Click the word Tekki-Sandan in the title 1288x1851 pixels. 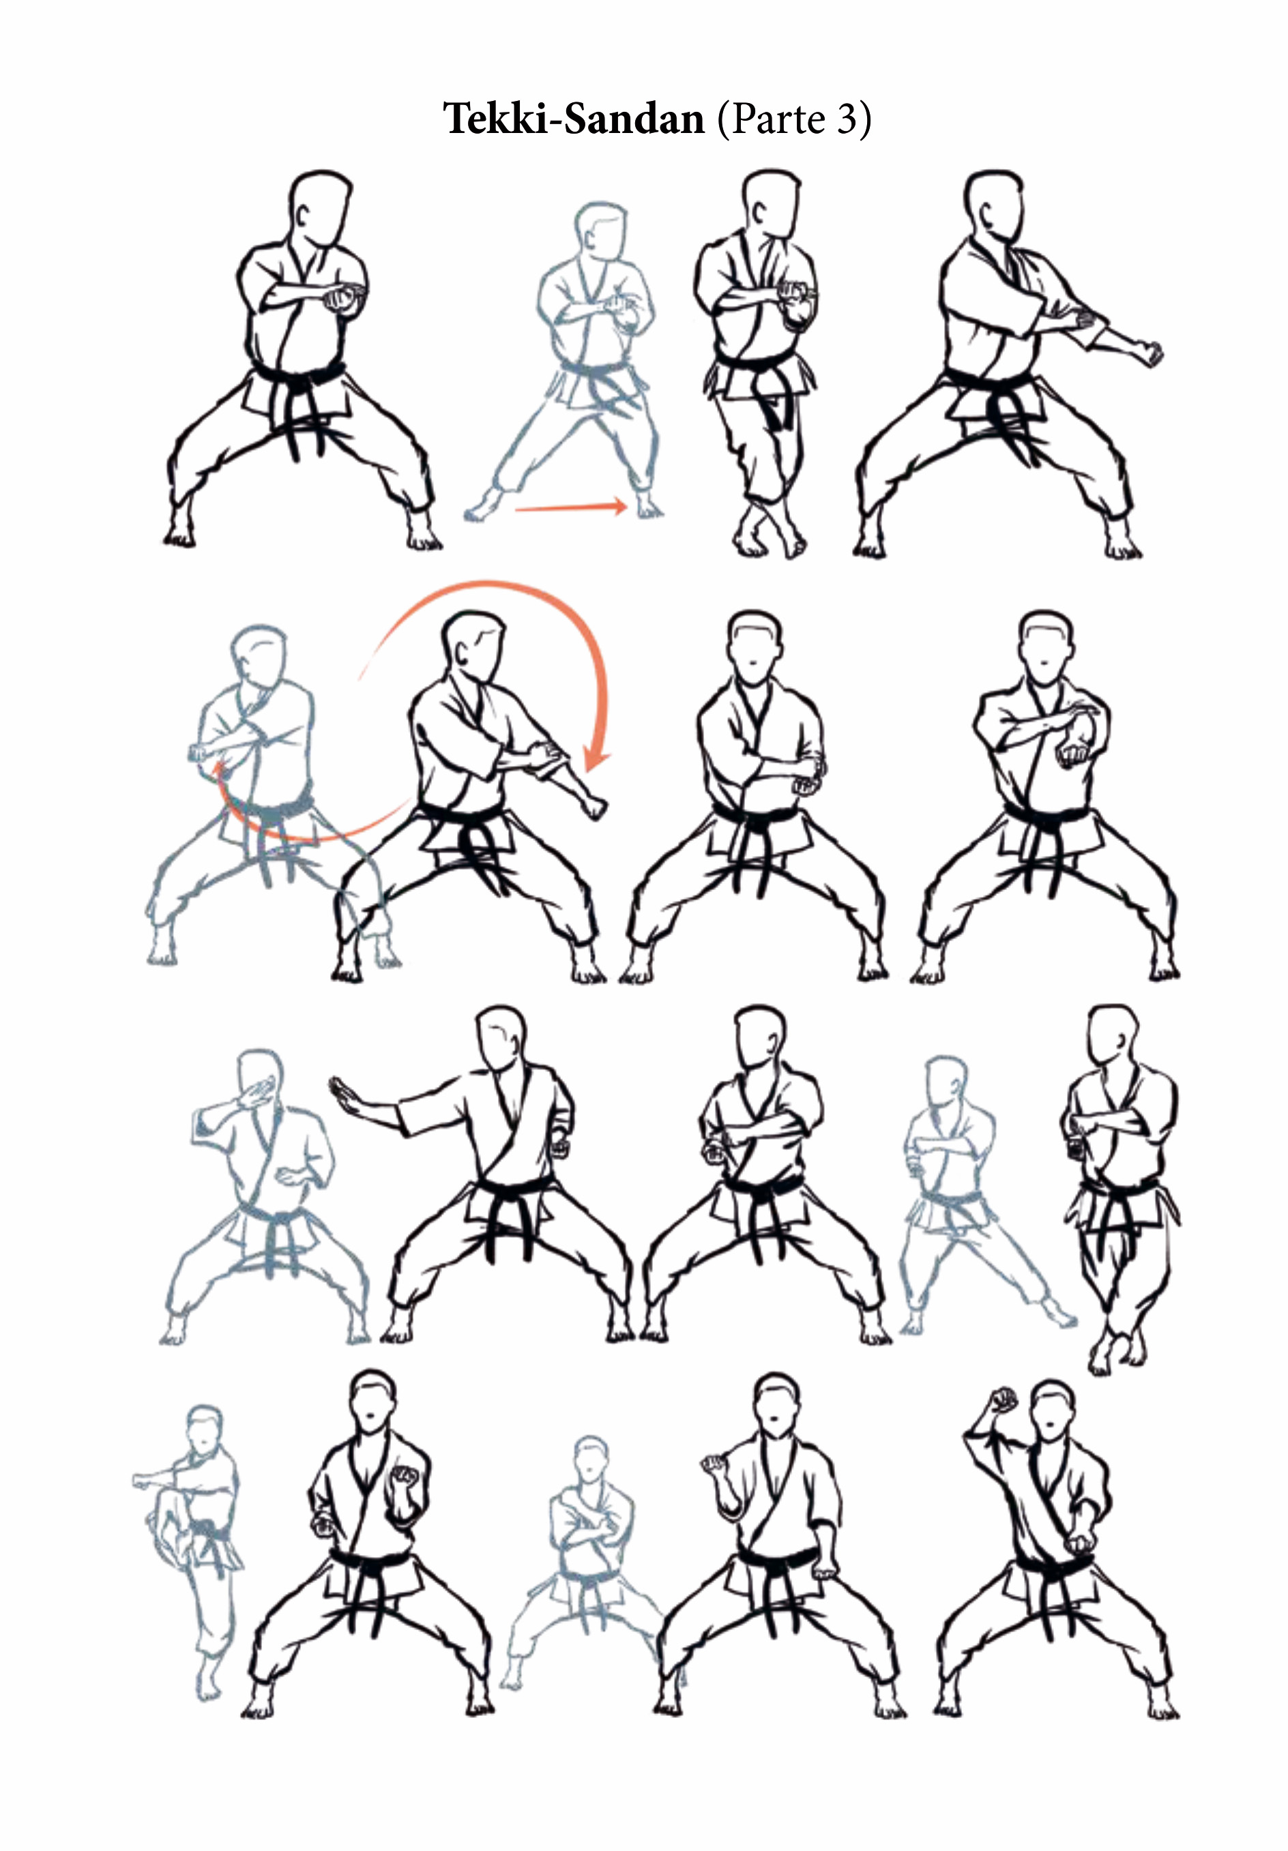click(574, 119)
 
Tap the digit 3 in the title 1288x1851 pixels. click(845, 120)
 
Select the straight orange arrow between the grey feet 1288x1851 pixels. click(571, 507)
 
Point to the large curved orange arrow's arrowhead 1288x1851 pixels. click(597, 758)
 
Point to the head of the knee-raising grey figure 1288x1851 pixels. click(204, 1430)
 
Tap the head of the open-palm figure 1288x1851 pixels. click(501, 1037)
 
